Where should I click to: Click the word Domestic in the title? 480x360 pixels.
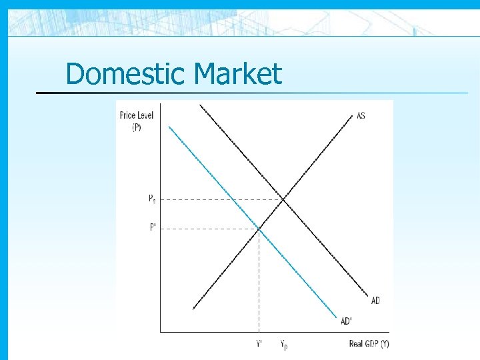(118, 73)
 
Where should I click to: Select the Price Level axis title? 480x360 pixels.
(137, 121)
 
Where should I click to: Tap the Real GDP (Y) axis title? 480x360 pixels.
(369, 344)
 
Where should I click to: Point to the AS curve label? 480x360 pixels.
(361, 116)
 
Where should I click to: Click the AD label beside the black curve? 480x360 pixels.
(375, 301)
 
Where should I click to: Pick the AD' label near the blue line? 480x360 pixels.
(347, 321)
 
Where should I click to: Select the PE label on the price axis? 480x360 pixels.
(153, 198)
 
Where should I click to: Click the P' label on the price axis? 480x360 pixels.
(153, 227)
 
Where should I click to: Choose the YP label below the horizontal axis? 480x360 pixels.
(284, 345)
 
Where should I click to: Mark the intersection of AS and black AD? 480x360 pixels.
(284, 199)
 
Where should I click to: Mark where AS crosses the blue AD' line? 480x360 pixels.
(259, 228)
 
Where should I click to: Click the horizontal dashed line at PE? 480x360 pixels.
(220, 199)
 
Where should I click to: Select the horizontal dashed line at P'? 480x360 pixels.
(207, 228)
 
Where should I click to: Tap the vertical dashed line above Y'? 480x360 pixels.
(259, 280)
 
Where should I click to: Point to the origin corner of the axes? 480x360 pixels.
(161, 331)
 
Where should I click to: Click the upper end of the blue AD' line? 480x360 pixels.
(170, 127)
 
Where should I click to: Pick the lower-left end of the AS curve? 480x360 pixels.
(193, 309)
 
